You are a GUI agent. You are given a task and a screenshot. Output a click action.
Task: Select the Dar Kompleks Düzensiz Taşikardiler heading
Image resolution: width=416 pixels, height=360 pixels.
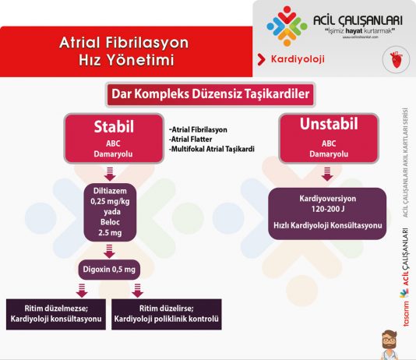point(209,96)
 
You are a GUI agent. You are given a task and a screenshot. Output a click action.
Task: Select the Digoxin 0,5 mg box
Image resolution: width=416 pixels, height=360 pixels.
point(110,270)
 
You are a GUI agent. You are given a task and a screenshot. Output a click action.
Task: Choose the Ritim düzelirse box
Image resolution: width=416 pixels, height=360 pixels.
point(167,313)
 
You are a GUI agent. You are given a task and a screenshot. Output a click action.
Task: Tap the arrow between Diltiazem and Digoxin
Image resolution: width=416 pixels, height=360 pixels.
point(110,250)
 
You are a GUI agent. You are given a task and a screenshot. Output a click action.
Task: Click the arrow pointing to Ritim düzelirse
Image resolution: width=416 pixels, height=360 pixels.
point(137,290)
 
